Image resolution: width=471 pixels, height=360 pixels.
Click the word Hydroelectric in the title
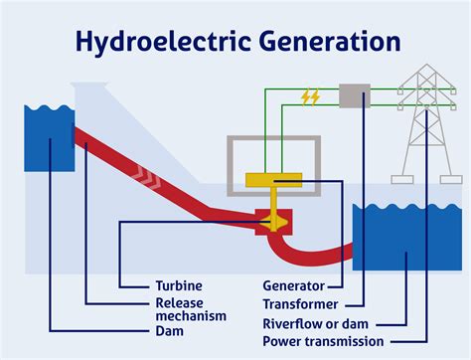click(x=171, y=42)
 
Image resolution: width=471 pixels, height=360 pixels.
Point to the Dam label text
click(x=168, y=330)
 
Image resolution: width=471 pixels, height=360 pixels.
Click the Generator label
click(x=297, y=285)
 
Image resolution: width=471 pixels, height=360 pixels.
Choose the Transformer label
click(x=301, y=303)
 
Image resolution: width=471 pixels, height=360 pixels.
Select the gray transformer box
click(x=354, y=95)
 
